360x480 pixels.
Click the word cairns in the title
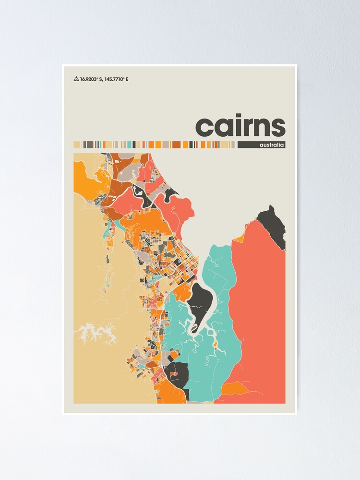click(240, 126)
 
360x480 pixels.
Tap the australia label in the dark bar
click(272, 145)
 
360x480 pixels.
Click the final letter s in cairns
click(277, 127)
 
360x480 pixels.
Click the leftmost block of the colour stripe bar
click(76, 144)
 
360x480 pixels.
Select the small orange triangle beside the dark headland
click(240, 235)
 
